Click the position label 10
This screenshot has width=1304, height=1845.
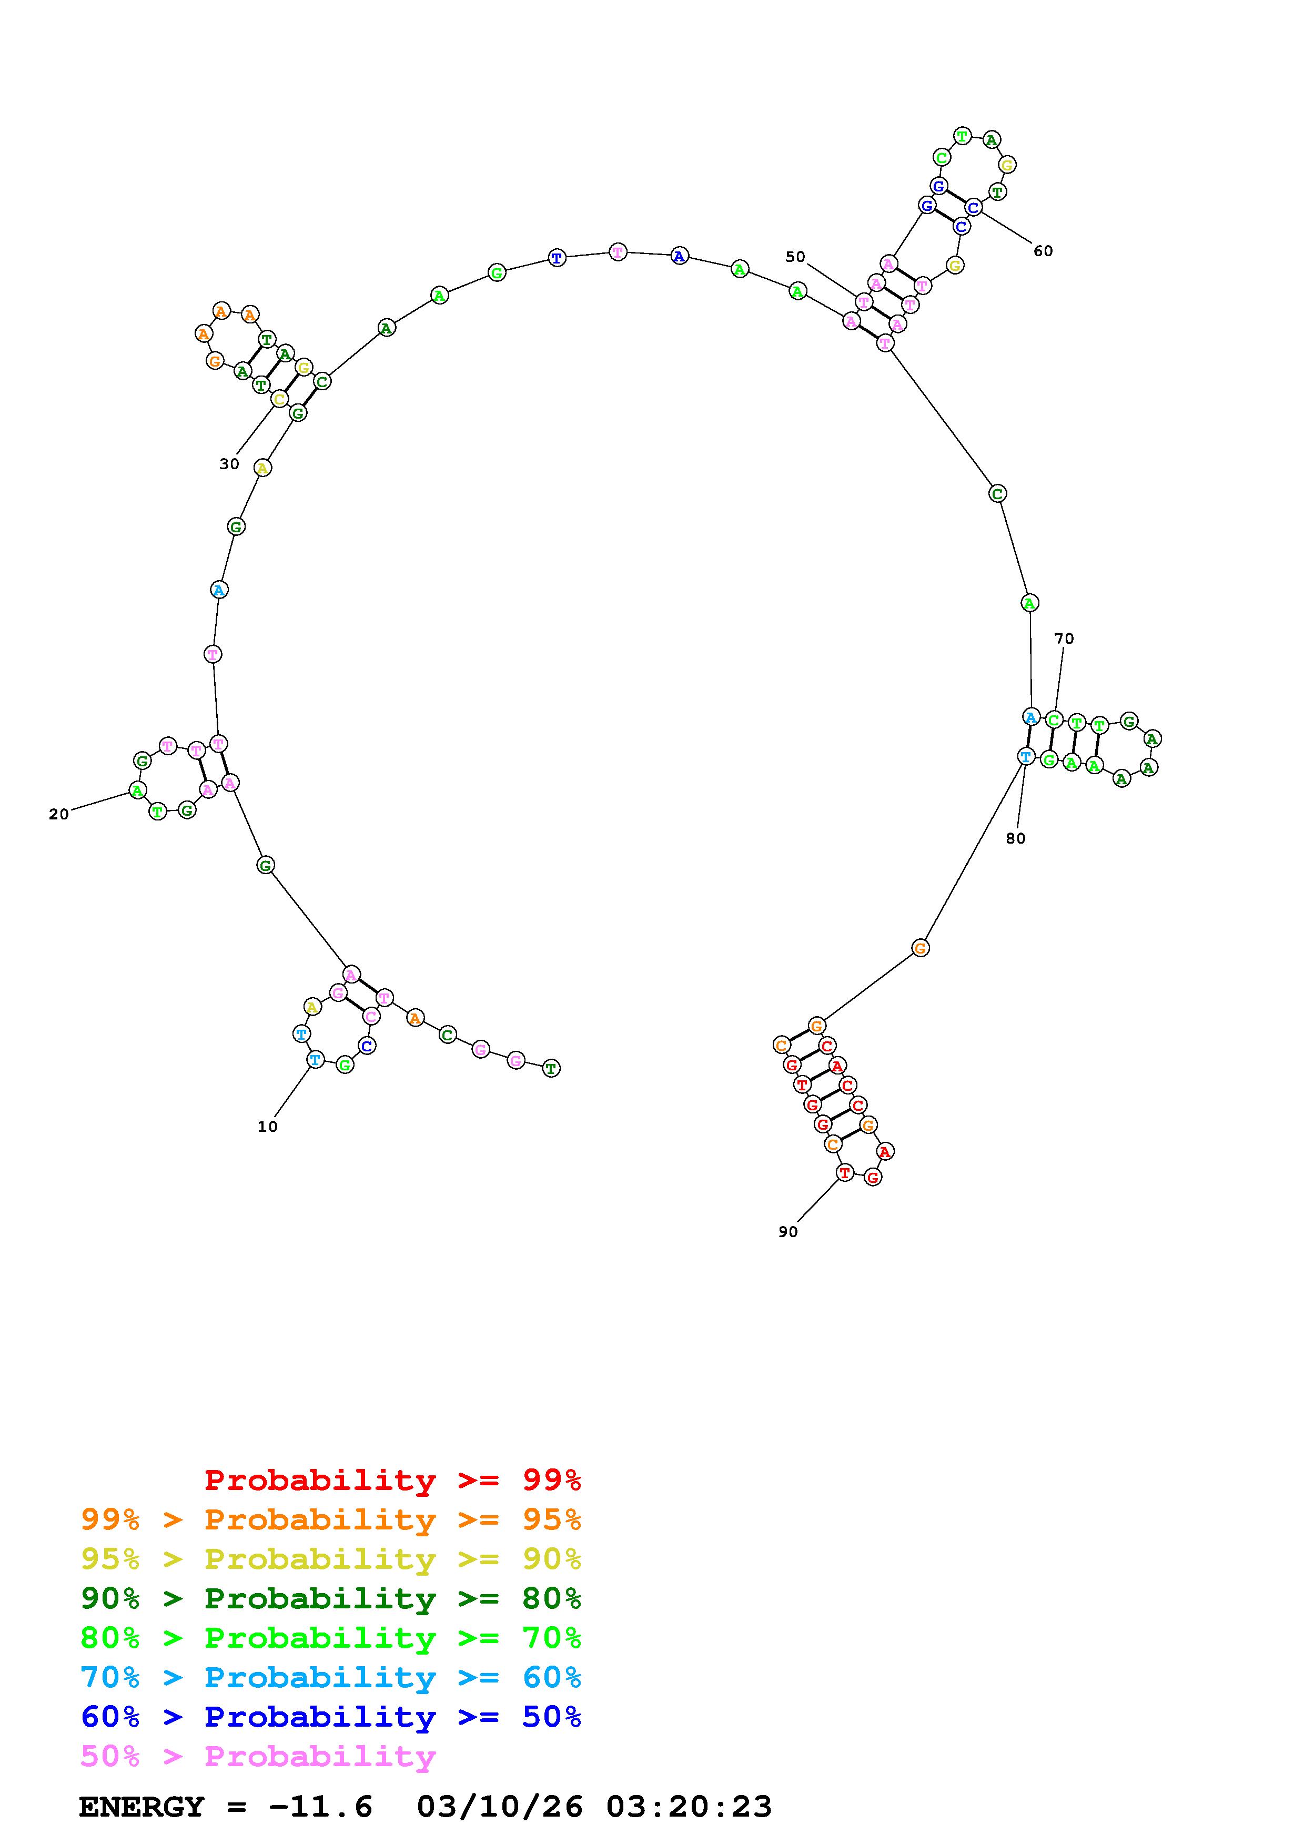click(268, 1127)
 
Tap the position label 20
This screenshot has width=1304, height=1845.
click(59, 814)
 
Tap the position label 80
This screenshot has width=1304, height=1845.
click(1016, 838)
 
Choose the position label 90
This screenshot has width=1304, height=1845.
click(787, 1232)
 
